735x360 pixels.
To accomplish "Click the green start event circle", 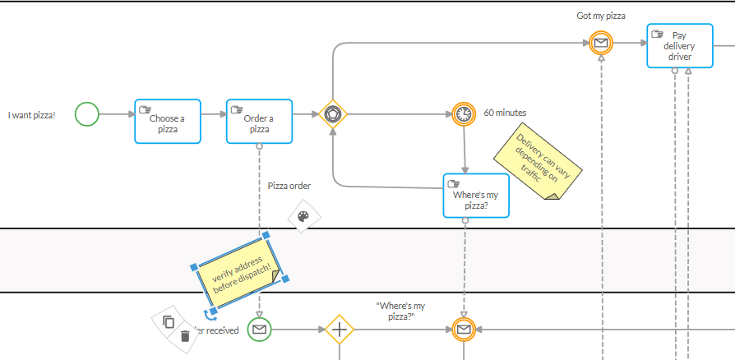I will (87, 114).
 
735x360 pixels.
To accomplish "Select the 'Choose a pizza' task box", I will (168, 121).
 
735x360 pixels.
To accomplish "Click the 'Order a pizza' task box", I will (259, 121).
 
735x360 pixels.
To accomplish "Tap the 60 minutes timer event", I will (464, 114).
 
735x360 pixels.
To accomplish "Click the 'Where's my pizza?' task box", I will (476, 196).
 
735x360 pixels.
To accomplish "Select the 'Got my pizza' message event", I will (602, 43).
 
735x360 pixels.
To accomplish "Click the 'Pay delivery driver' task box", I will (679, 46).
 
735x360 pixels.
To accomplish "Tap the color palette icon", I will (303, 217).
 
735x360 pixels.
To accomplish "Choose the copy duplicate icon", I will (169, 321).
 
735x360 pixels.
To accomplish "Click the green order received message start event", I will (259, 330).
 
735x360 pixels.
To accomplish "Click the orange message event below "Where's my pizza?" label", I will (464, 330).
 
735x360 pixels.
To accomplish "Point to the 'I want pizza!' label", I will (32, 114).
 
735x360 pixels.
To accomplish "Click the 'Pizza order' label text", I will (289, 186).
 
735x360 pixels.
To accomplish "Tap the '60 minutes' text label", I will (505, 113).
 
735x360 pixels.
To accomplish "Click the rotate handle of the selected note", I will (211, 316).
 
